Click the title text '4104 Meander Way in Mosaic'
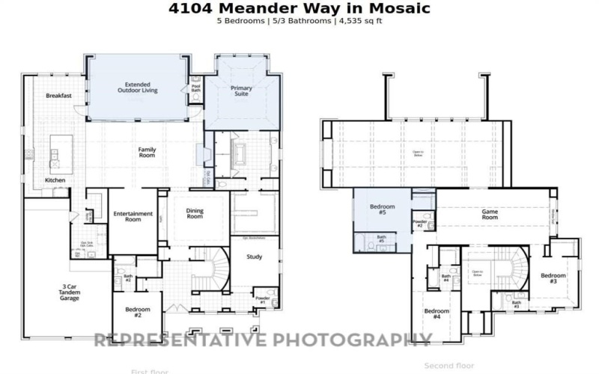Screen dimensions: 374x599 pos(299,8)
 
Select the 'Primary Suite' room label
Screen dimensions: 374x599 pos(241,91)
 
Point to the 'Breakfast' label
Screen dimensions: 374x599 pos(58,96)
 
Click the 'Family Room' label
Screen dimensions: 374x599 pos(147,153)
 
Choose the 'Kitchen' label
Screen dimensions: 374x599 pos(55,180)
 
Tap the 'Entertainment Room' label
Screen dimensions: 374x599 pos(133,217)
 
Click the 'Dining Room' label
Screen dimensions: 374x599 pos(195,214)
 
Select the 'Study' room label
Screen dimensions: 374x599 pos(255,258)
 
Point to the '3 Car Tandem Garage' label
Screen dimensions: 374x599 pos(70,292)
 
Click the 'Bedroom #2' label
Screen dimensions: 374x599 pos(138,313)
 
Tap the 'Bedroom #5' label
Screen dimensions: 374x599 pos(383,209)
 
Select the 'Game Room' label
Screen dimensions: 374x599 pos(490,214)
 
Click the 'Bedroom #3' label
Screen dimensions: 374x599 pos(553,278)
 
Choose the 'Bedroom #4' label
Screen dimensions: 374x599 pos(437,313)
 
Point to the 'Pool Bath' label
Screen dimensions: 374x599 pos(196,88)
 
